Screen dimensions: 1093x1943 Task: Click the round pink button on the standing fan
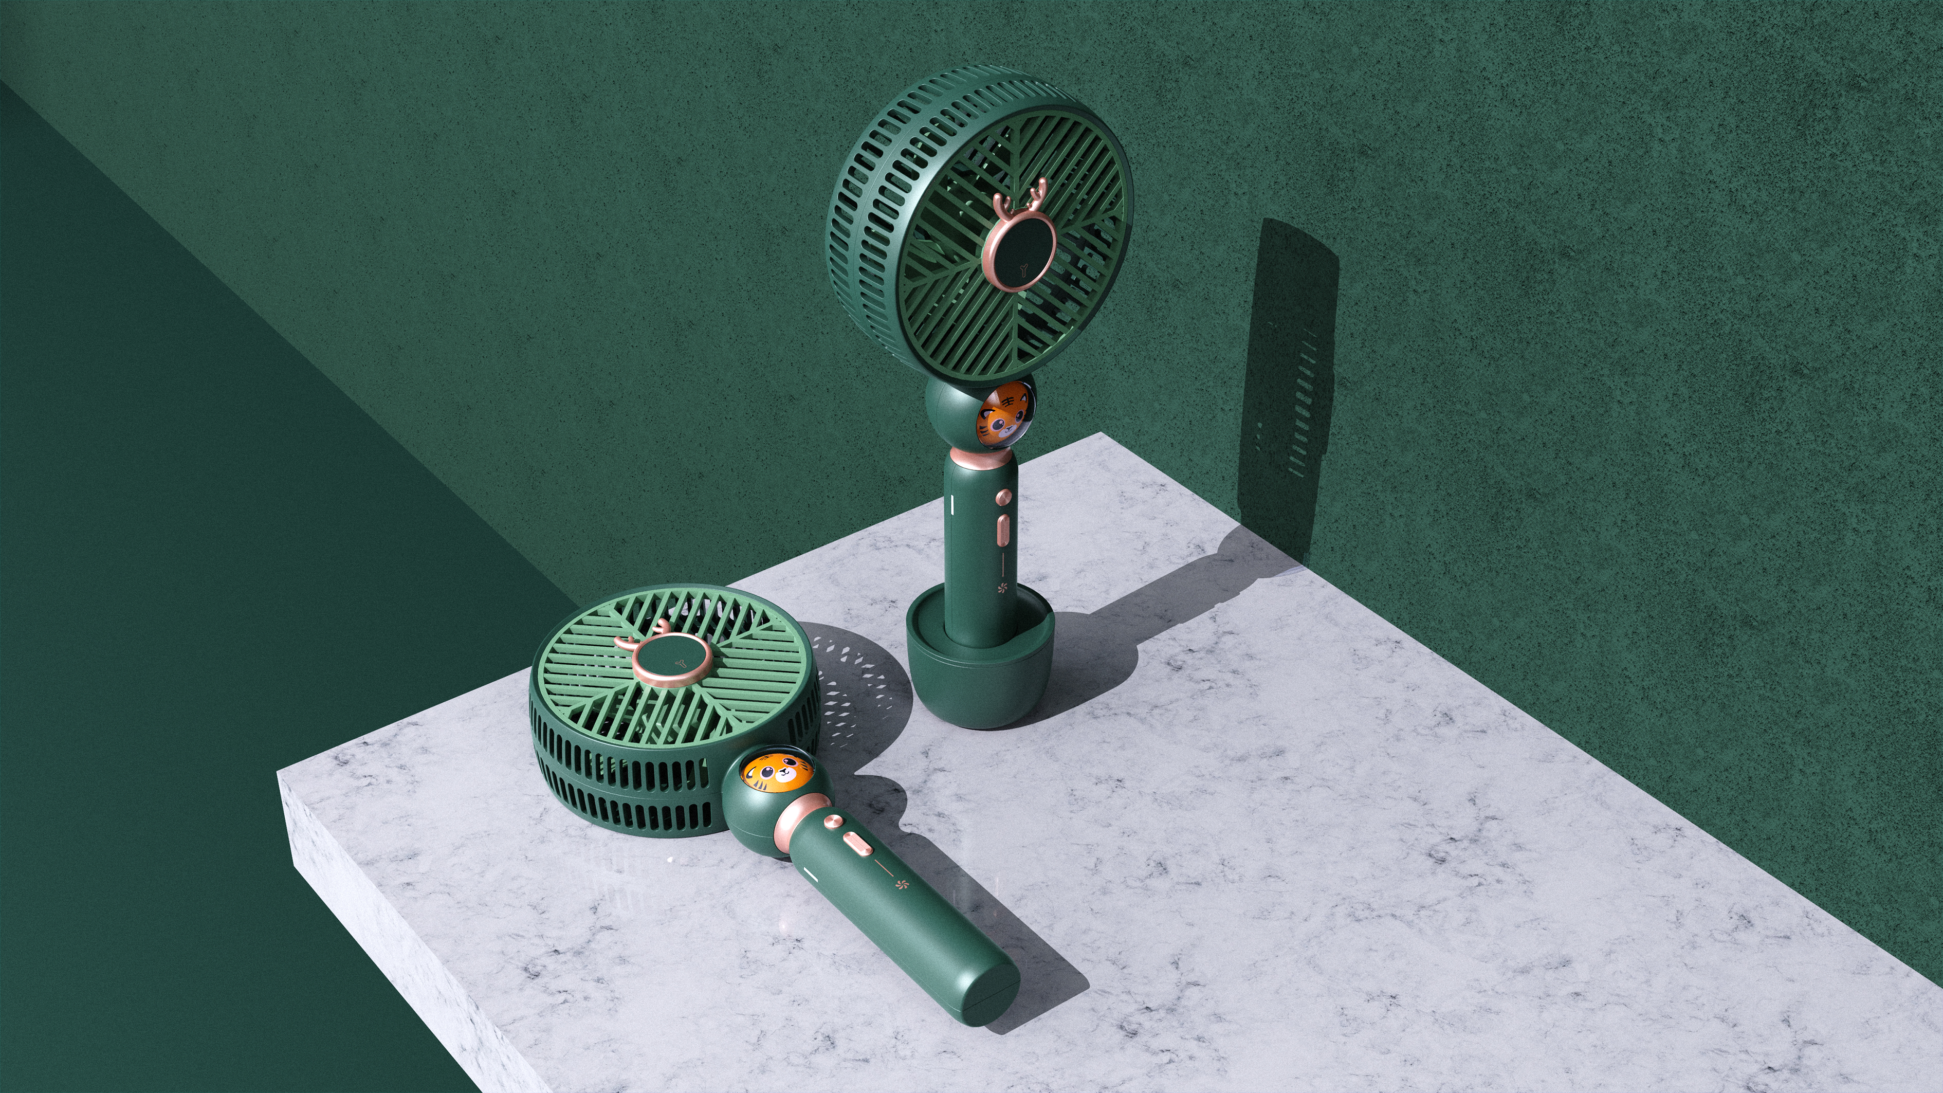(x=1003, y=497)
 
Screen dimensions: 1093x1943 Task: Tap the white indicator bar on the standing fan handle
(x=954, y=503)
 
